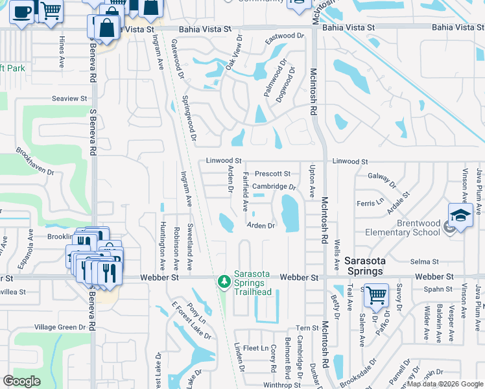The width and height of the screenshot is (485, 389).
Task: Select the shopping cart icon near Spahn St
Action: tap(375, 295)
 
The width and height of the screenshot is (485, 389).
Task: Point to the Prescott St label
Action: tap(272, 174)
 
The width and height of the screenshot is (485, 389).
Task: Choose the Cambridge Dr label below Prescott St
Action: tap(274, 187)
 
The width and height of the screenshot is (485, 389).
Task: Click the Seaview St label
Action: tap(69, 99)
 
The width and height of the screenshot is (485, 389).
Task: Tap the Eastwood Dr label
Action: tap(284, 40)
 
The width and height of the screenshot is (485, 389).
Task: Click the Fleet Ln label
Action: tap(256, 348)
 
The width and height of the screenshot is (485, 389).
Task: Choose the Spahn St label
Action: tap(439, 289)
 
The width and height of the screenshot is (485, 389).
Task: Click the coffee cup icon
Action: tap(21, 12)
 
